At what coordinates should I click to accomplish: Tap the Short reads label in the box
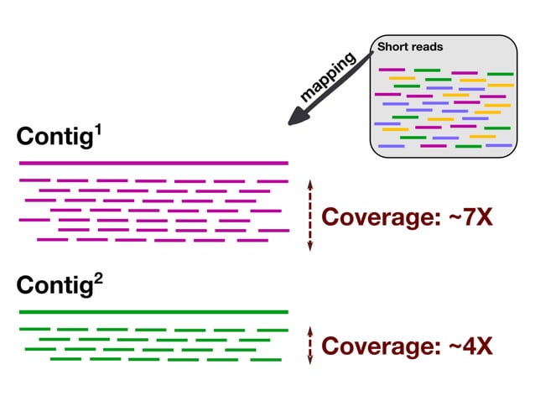(409, 47)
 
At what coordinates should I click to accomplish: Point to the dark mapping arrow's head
(295, 119)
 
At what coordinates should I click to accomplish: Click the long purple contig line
(153, 163)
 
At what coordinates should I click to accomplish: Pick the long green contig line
(153, 312)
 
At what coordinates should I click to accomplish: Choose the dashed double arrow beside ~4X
(310, 345)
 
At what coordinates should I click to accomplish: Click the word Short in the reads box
(393, 47)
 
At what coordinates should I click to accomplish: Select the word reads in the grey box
(426, 47)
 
